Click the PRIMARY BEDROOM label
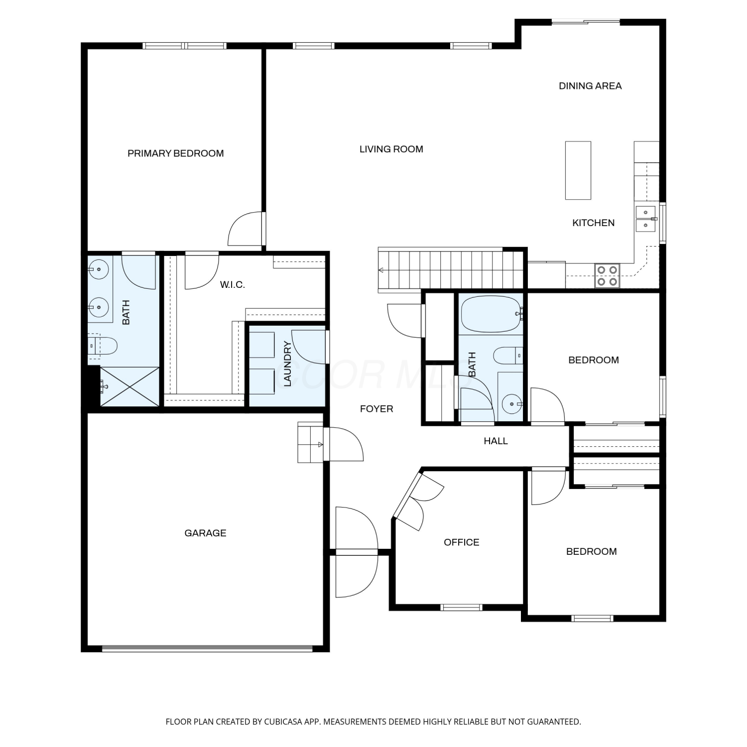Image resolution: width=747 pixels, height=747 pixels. pyautogui.click(x=176, y=153)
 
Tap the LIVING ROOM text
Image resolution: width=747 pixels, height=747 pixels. pyautogui.click(x=391, y=149)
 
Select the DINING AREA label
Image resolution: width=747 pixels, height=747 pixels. pyautogui.click(x=590, y=86)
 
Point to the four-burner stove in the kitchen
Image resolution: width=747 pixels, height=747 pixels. pyautogui.click(x=608, y=276)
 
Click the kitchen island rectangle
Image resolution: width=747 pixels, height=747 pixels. pyautogui.click(x=578, y=170)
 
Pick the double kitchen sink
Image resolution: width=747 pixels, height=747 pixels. pyautogui.click(x=646, y=219)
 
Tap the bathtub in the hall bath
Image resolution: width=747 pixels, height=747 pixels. pyautogui.click(x=492, y=314)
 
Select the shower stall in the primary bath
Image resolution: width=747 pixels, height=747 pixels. pyautogui.click(x=130, y=387)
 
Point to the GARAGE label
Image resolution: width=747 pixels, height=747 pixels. pyautogui.click(x=205, y=533)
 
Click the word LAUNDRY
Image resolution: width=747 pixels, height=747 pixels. pyautogui.click(x=287, y=364)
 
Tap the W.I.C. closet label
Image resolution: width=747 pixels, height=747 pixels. pyautogui.click(x=232, y=285)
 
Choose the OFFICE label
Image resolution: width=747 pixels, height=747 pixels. pyautogui.click(x=462, y=542)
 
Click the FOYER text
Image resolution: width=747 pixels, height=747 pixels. pyautogui.click(x=376, y=409)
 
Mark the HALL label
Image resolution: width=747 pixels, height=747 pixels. pyautogui.click(x=496, y=441)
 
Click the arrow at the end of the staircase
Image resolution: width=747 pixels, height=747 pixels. pyautogui.click(x=381, y=270)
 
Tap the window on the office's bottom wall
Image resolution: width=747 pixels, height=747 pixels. pyautogui.click(x=462, y=607)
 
